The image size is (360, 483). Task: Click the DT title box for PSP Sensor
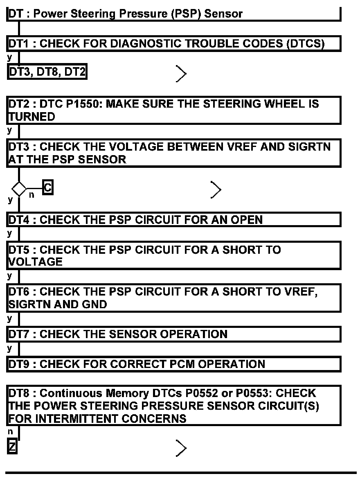[174, 14]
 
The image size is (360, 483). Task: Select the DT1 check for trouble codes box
[174, 43]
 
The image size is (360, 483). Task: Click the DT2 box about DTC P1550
[174, 110]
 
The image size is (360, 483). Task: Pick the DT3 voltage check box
[174, 153]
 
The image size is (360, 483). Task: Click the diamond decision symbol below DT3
[19, 189]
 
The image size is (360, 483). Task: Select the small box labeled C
[48, 188]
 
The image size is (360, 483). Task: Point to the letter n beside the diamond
[32, 195]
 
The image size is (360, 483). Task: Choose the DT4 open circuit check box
[174, 219]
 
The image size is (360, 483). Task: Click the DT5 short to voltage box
[174, 255]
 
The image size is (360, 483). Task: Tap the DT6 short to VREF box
[174, 298]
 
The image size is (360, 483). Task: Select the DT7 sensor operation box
[174, 334]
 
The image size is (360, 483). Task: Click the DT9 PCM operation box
[174, 364]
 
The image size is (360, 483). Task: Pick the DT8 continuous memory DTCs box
[174, 406]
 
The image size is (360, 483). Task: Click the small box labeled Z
[12, 447]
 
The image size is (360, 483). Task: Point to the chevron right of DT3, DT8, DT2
[181, 73]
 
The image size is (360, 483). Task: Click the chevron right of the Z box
[181, 448]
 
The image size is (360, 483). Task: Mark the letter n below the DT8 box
[10, 431]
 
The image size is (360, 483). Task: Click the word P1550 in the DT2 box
[85, 104]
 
